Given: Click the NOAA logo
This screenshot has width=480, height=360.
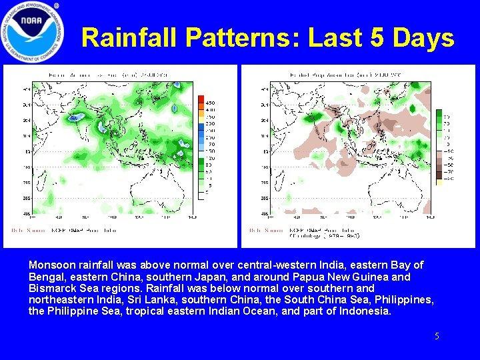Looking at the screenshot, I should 33,31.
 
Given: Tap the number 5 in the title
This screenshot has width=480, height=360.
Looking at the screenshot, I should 377,38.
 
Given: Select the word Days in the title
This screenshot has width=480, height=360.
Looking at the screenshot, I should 424,38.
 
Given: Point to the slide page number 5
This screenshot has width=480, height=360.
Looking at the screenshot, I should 437,337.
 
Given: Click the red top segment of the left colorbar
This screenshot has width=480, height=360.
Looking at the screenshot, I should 202,100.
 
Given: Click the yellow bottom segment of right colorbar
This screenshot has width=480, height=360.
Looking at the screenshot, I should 439,185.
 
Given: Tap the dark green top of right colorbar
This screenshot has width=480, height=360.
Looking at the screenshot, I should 439,115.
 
